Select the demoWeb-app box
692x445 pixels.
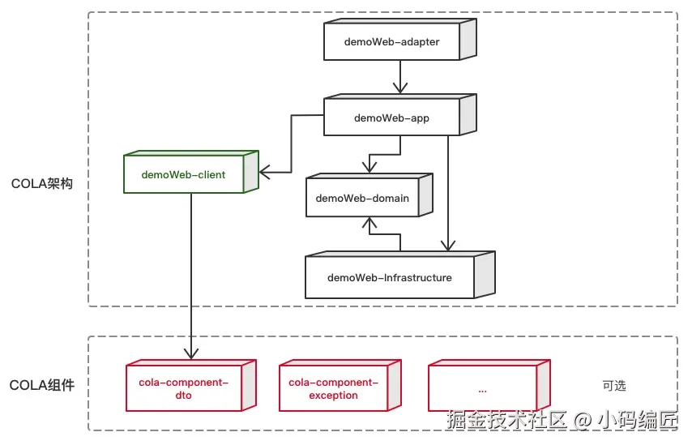(391, 118)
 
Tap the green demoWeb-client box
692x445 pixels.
(184, 174)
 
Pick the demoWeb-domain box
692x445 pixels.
(362, 198)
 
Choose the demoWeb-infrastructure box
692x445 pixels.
(390, 277)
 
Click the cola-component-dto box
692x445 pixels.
(184, 388)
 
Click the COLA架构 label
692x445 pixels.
(42, 183)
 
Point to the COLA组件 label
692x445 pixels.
(42, 385)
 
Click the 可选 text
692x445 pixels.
(614, 386)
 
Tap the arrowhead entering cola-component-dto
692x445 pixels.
(191, 353)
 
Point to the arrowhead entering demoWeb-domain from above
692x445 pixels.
(369, 167)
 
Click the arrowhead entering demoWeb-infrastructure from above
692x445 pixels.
(447, 246)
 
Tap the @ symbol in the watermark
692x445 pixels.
(582, 421)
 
